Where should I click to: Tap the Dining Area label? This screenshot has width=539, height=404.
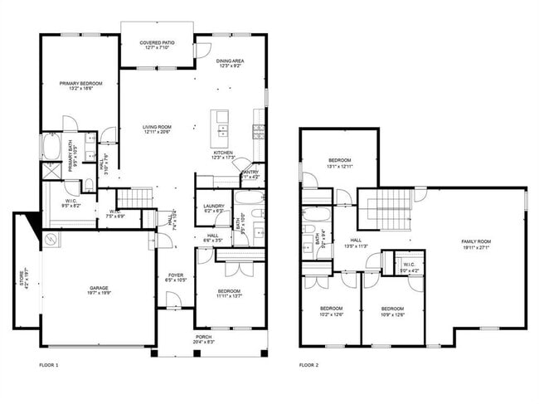[230, 63]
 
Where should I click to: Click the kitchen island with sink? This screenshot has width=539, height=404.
[221, 125]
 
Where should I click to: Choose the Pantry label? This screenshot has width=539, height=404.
[250, 174]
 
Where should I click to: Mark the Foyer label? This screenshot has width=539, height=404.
[176, 277]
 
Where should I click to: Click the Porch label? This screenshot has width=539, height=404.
[203, 338]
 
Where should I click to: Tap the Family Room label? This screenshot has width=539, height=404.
[475, 244]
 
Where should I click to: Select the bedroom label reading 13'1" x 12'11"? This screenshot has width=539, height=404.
[341, 163]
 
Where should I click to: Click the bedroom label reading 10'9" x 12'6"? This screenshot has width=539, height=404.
[391, 310]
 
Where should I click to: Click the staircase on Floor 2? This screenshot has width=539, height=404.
[387, 207]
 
